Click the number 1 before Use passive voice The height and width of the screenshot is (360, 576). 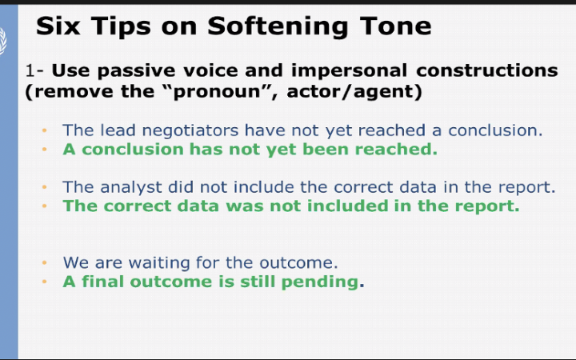29,70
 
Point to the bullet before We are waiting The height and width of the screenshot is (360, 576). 46,262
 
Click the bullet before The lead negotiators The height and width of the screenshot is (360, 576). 46,130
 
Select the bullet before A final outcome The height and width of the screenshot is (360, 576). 46,282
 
